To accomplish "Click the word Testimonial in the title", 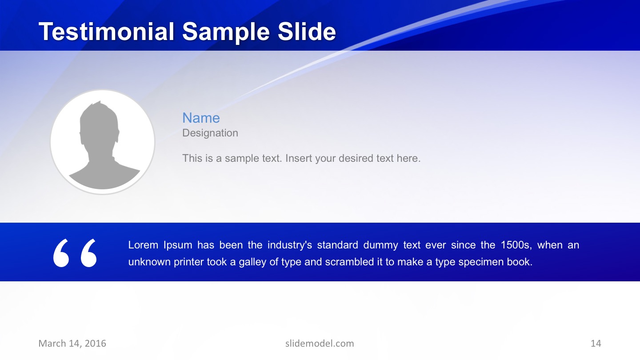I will [106, 32].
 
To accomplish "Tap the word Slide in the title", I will [306, 32].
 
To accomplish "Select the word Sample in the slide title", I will [225, 32].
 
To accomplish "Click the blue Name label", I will [201, 118].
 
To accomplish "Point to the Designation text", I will [210, 133].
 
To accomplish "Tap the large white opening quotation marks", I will [75, 253].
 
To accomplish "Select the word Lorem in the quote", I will [143, 245].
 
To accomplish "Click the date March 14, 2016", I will [72, 343].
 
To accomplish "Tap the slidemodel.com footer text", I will [320, 343].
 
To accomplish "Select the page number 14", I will [596, 343].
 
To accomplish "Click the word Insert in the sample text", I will [299, 158].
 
